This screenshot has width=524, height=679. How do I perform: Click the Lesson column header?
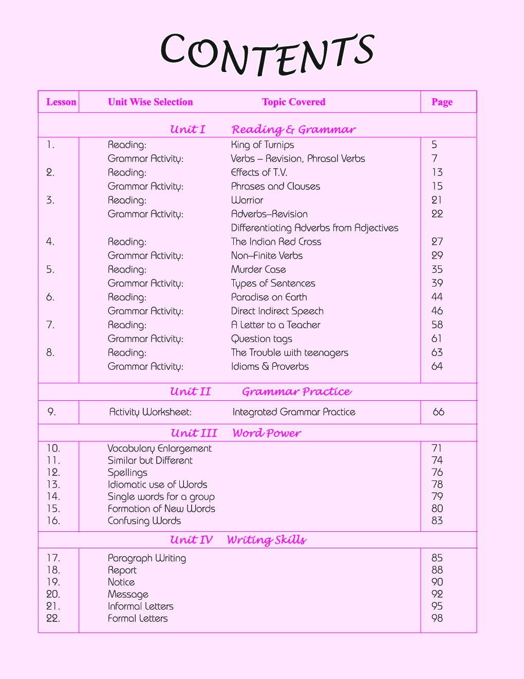(x=61, y=102)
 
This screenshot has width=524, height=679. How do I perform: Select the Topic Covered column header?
(x=293, y=102)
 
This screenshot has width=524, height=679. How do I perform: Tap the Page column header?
(x=442, y=102)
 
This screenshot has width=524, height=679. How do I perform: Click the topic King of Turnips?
(x=263, y=145)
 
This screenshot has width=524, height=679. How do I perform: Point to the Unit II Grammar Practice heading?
(x=260, y=391)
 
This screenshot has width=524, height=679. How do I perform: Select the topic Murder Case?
(x=258, y=270)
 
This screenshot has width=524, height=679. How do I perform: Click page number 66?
(x=438, y=412)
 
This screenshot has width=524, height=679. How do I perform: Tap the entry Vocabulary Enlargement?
(x=159, y=449)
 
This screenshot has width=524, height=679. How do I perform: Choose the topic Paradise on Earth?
(x=269, y=297)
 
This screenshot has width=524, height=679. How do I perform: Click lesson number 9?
(x=51, y=412)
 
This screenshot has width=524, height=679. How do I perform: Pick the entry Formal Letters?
(x=138, y=618)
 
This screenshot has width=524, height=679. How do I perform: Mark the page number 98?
(x=437, y=618)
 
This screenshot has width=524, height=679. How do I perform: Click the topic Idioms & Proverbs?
(x=270, y=367)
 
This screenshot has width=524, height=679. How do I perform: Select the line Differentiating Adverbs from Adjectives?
(x=314, y=228)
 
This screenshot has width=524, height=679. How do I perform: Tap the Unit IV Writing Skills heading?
(x=238, y=540)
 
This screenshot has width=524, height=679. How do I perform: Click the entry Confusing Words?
(x=144, y=521)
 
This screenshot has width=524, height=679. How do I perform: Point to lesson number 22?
(x=53, y=618)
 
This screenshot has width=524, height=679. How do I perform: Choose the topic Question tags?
(x=261, y=339)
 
